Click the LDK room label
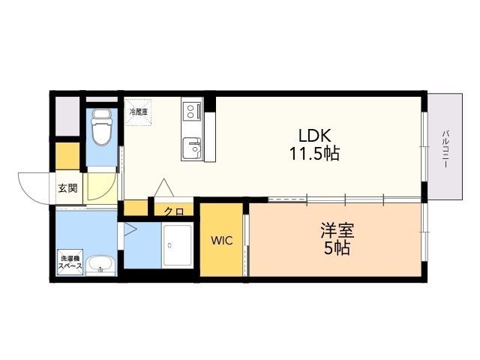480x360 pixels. [315, 135]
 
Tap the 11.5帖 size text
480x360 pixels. [314, 154]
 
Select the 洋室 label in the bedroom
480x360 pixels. [337, 230]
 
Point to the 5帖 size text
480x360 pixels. [337, 248]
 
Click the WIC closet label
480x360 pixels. [222, 241]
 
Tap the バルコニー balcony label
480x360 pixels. [445, 148]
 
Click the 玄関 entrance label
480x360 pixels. [67, 188]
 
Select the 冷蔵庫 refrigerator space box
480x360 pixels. [138, 112]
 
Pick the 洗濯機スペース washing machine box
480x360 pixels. [70, 262]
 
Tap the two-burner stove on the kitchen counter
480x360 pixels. [192, 111]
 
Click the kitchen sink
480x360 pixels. [192, 148]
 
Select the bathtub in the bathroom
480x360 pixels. [178, 245]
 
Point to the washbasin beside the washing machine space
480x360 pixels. [100, 265]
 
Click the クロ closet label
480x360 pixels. [173, 211]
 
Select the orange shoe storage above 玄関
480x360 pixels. [67, 156]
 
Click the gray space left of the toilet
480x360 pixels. [67, 116]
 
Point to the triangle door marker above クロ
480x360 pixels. [163, 187]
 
